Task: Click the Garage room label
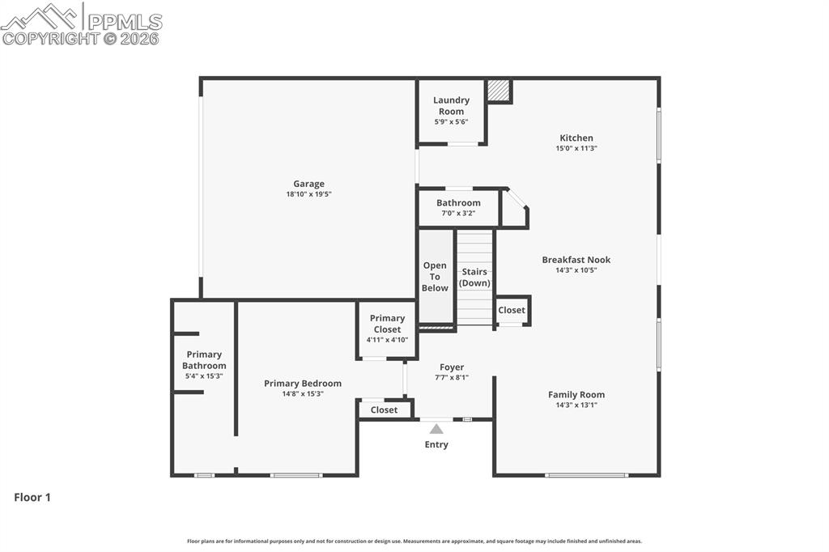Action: click(x=308, y=184)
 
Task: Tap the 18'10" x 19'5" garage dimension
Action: click(x=308, y=194)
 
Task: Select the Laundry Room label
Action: click(x=451, y=106)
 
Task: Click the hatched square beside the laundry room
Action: click(x=499, y=91)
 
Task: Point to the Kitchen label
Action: click(x=576, y=138)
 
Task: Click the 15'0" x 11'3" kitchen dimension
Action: click(x=576, y=148)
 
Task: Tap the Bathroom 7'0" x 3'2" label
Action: click(x=458, y=207)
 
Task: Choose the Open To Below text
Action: click(x=435, y=277)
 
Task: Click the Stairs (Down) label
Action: click(x=474, y=277)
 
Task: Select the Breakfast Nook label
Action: click(x=576, y=260)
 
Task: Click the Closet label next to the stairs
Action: click(x=512, y=310)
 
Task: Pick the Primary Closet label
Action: click(x=387, y=324)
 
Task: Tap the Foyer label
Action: click(x=452, y=367)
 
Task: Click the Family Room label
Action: click(x=576, y=394)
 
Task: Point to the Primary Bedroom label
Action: click(x=303, y=384)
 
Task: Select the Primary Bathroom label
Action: click(x=204, y=360)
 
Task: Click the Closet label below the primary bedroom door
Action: click(x=384, y=410)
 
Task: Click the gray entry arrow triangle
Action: click(x=436, y=429)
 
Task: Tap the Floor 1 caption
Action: click(x=32, y=497)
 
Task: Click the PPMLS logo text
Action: click(x=125, y=22)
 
